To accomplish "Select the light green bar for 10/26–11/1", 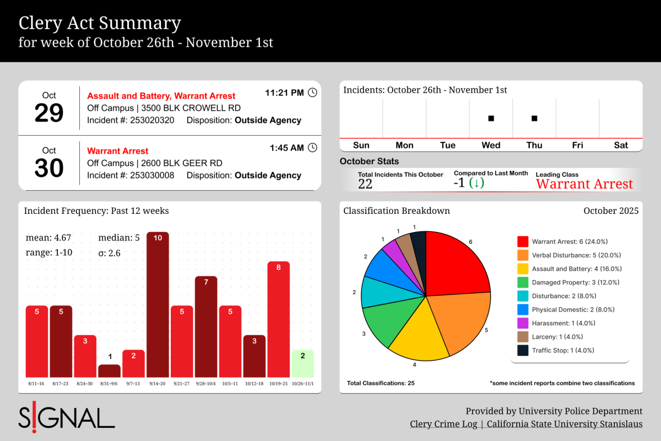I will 302,363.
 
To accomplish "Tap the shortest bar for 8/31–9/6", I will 109,370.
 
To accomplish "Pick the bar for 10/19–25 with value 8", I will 278,319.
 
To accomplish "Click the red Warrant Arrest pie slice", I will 454,265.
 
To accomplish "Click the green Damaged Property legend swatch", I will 523,282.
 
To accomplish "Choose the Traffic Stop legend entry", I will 557,350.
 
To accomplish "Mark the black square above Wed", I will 491,118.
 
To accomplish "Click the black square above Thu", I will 534,118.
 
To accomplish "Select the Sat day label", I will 621,145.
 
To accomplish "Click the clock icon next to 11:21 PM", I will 312,93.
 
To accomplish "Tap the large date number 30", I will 49,168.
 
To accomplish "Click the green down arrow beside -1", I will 476,183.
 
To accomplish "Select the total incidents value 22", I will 365,184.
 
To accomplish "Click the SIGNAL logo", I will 67,418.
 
